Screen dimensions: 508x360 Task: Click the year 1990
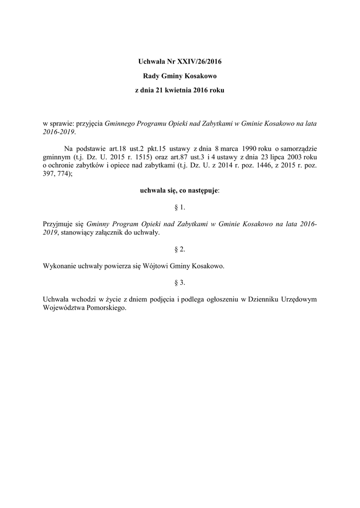(245, 148)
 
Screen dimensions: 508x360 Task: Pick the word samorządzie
(299, 148)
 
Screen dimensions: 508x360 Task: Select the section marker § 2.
(180, 249)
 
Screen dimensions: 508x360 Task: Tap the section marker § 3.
(180, 282)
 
